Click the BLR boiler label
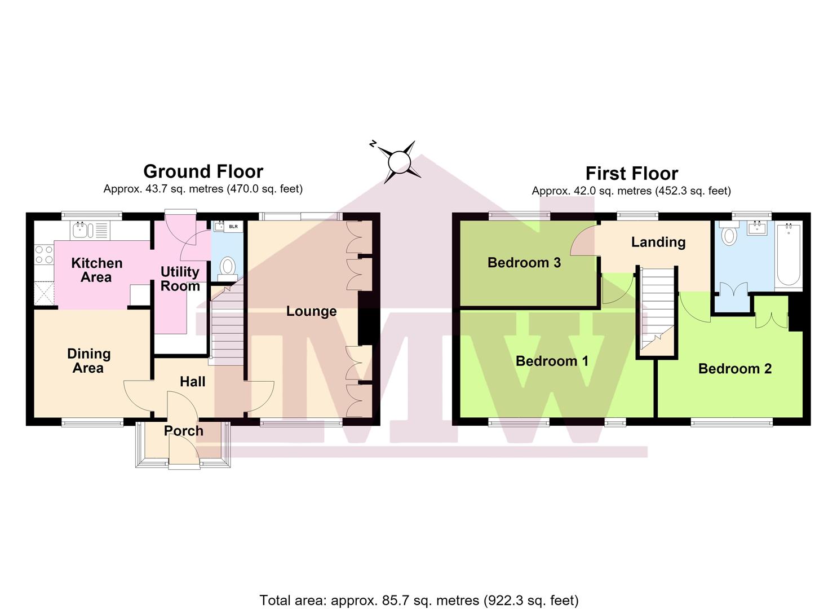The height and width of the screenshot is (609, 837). pos(233,227)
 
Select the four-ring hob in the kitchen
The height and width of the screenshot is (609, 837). pos(44,254)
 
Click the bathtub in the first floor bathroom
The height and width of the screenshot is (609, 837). pos(789,255)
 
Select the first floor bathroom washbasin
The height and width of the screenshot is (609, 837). pos(757,228)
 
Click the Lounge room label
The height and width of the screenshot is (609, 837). pos(311,311)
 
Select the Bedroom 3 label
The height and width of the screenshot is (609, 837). pos(524,262)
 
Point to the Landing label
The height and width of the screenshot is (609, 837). pos(658,242)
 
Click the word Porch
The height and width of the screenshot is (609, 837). pos(184,431)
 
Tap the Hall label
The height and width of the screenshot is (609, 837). pos(192,381)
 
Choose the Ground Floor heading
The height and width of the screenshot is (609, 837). pos(203,171)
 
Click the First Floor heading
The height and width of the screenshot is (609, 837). pos(631,174)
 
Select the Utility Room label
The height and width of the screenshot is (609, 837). pos(180,279)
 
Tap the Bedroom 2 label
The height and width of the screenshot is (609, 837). pos(735,369)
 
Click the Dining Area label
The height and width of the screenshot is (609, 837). pos(88,361)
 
